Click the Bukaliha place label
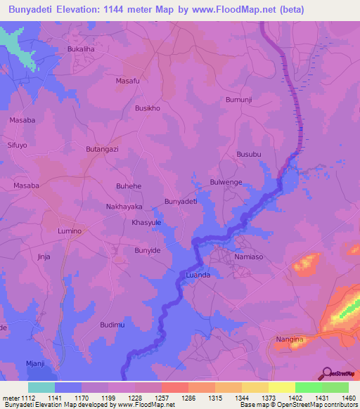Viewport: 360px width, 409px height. (80, 50)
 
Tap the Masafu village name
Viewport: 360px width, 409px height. (127, 82)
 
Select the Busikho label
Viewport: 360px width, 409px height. (148, 108)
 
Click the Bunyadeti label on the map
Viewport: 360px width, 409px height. (180, 202)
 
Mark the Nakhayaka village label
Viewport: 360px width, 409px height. (124, 207)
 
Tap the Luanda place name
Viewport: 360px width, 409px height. (198, 275)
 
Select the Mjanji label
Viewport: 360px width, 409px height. (35, 363)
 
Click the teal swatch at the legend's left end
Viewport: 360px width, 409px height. (41, 387)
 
